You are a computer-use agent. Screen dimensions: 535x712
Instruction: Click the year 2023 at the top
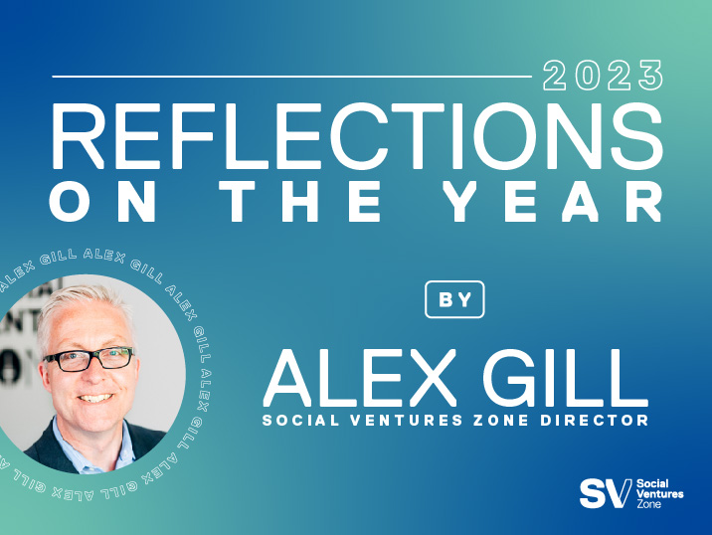[x=604, y=76]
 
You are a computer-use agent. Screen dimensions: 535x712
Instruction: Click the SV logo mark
[x=604, y=493]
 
